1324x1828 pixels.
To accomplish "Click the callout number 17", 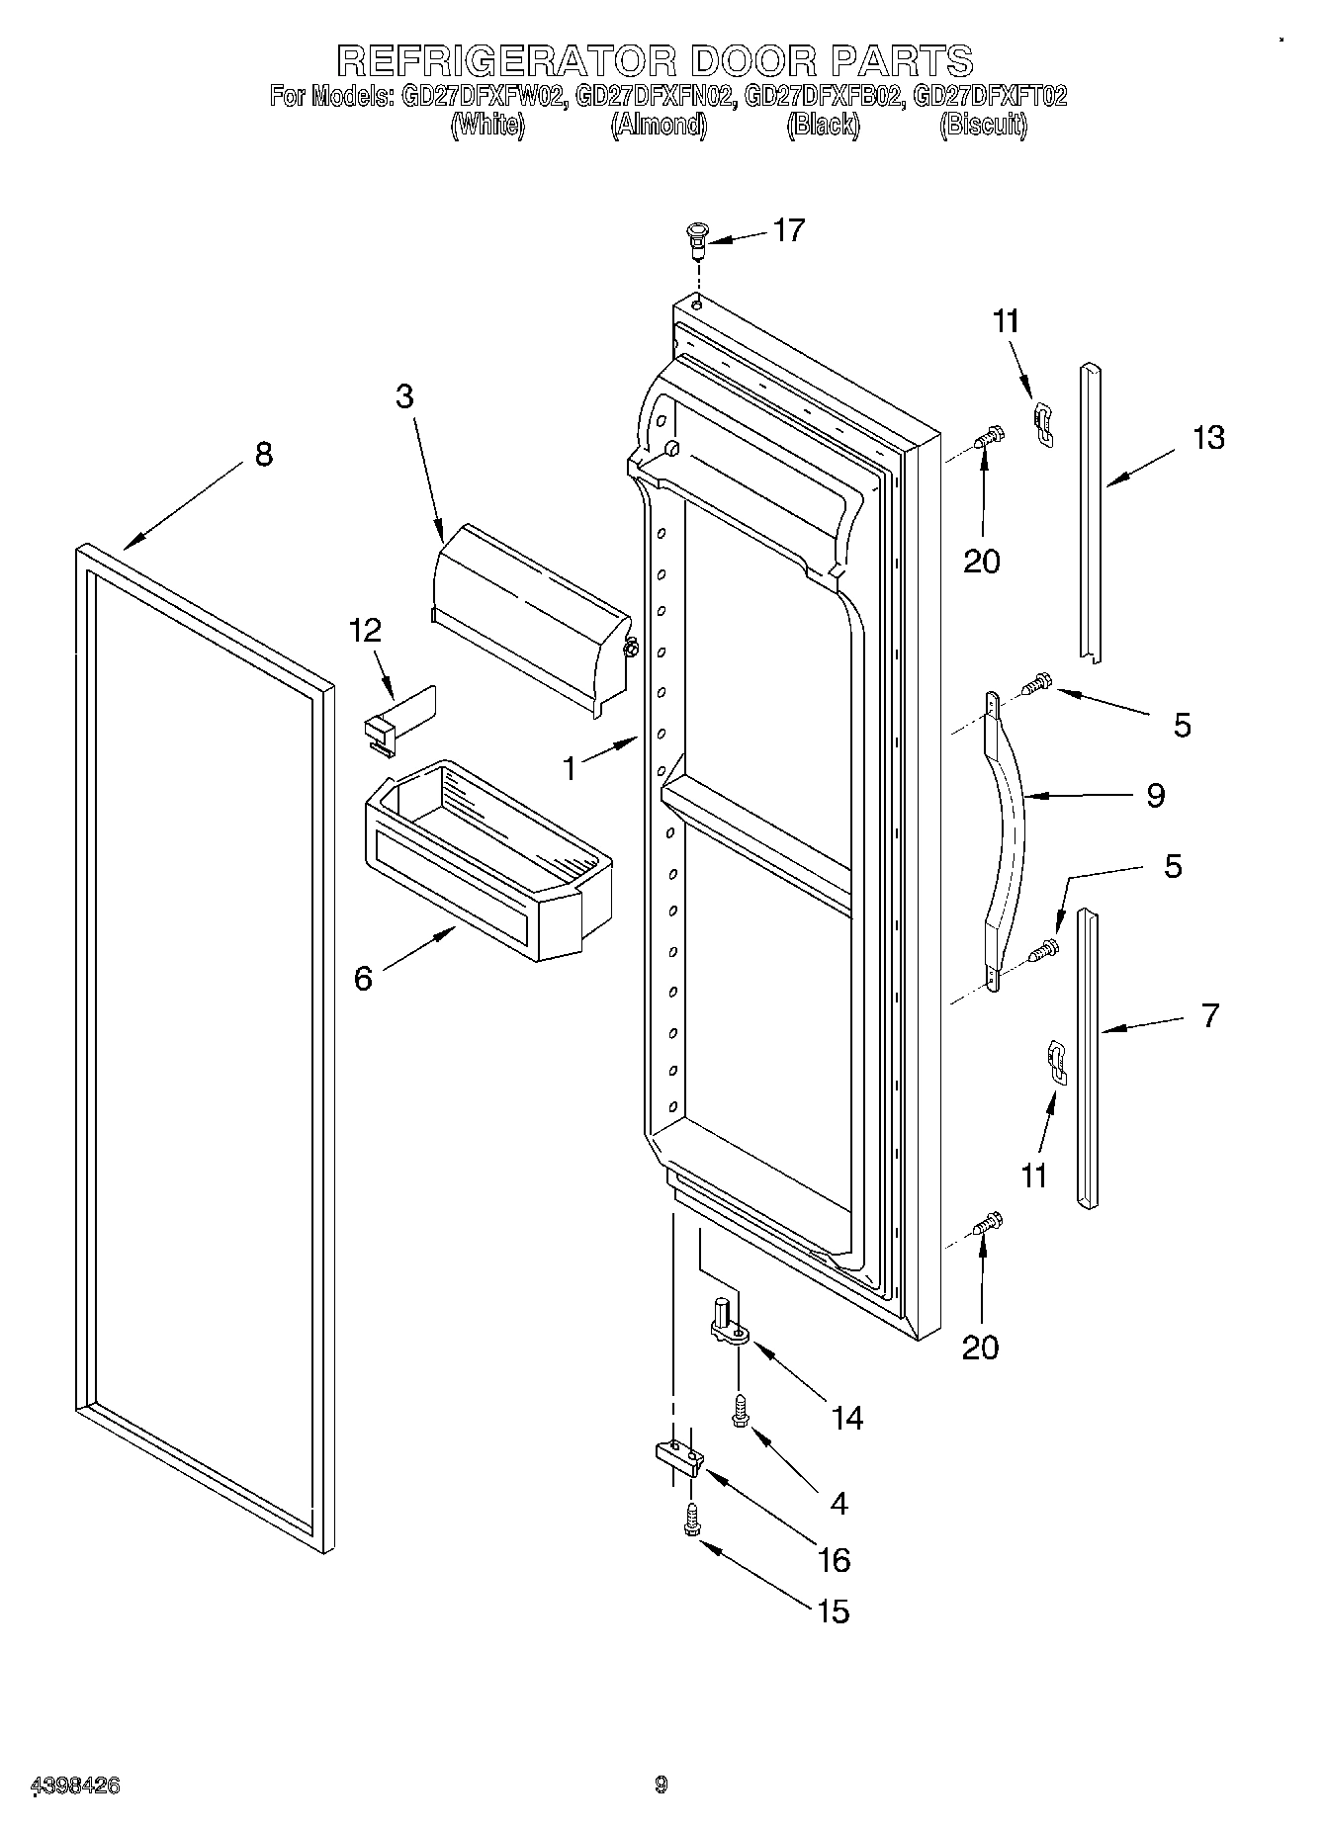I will pyautogui.click(x=788, y=230).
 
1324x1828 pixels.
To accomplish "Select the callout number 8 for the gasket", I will pyautogui.click(x=263, y=454).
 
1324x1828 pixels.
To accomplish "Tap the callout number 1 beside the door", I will pyautogui.click(x=570, y=767).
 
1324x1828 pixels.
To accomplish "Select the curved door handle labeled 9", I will pyautogui.click(x=1007, y=836).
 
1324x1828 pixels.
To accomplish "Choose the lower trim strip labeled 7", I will pyautogui.click(x=1088, y=1058).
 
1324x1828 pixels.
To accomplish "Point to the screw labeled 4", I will pyautogui.click(x=739, y=1411).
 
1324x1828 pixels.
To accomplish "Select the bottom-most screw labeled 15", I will pyautogui.click(x=691, y=1523).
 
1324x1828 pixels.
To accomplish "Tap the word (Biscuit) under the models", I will pyautogui.click(x=983, y=126).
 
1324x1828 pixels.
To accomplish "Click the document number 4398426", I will pyautogui.click(x=76, y=1785).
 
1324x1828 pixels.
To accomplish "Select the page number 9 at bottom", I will pyautogui.click(x=661, y=1784).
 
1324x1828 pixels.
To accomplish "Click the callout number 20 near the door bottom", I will pyautogui.click(x=981, y=1347).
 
